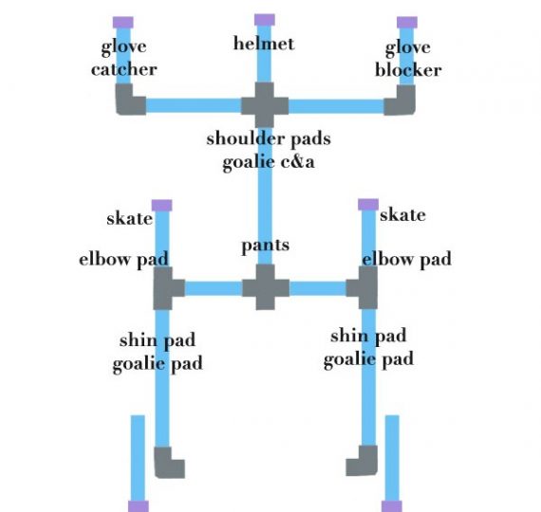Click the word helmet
264,44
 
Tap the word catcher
124,69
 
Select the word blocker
408,70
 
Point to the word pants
265,247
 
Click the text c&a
297,162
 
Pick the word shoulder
245,138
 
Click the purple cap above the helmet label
265,20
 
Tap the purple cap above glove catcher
123,23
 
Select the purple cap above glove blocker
407,23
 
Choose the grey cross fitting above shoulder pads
265,105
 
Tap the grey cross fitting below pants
266,287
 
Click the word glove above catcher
124,46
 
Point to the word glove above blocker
407,47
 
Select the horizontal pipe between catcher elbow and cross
194,106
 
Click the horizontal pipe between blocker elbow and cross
336,106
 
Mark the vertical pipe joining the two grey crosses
265,196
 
